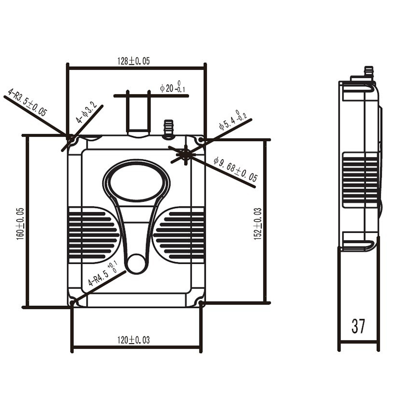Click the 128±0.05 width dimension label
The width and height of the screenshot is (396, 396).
[134, 61]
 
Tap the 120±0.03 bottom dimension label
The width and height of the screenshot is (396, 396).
[134, 340]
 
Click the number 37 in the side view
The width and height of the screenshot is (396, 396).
[358, 326]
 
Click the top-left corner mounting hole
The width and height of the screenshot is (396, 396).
[73, 141]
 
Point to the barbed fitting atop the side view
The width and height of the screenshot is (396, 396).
[368, 72]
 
